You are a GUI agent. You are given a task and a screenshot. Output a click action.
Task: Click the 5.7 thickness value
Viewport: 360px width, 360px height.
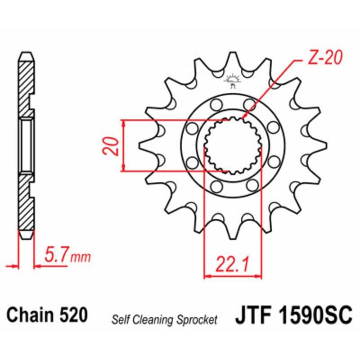coord(58,257)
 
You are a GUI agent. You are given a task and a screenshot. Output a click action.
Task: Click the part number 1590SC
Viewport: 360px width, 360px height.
coord(314,315)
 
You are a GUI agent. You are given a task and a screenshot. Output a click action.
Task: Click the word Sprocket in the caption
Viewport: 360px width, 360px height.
coord(198,320)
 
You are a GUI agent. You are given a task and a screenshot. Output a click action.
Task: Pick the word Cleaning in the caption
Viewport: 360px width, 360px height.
coord(155,320)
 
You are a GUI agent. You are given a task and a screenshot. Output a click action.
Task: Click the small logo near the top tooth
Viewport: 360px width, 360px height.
coord(233,80)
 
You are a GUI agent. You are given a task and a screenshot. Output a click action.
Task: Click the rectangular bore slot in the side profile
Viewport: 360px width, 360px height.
coord(26,145)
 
